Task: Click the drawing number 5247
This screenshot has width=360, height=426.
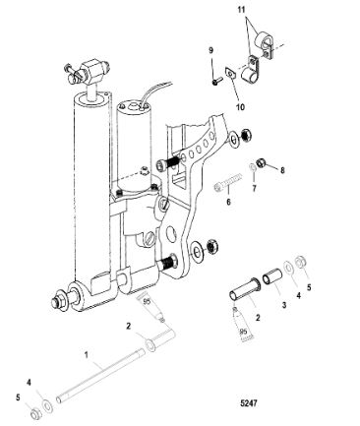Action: pyautogui.click(x=249, y=402)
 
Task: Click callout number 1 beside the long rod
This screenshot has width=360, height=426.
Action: pyautogui.click(x=87, y=355)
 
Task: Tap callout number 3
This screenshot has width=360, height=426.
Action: pyautogui.click(x=284, y=305)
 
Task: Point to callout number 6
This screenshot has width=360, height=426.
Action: pyautogui.click(x=228, y=202)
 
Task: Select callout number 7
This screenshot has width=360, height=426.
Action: pyautogui.click(x=254, y=188)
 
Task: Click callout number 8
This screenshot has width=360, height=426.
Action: pyautogui.click(x=282, y=170)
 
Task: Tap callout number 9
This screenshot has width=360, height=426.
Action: pyautogui.click(x=210, y=50)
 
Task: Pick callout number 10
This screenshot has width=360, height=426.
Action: pyautogui.click(x=240, y=107)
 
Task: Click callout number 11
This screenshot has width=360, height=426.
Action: pyautogui.click(x=241, y=10)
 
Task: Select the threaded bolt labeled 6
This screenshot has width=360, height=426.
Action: pyautogui.click(x=228, y=183)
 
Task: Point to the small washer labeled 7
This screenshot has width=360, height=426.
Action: pyautogui.click(x=253, y=168)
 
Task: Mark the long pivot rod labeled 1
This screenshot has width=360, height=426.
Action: pyautogui.click(x=100, y=377)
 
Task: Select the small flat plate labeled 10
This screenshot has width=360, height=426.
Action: pyautogui.click(x=230, y=74)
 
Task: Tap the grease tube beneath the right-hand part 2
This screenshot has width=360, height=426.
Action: pyautogui.click(x=241, y=326)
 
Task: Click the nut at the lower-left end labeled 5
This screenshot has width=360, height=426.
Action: pyautogui.click(x=35, y=414)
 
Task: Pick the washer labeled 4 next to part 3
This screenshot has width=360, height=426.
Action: pyautogui.click(x=289, y=267)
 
